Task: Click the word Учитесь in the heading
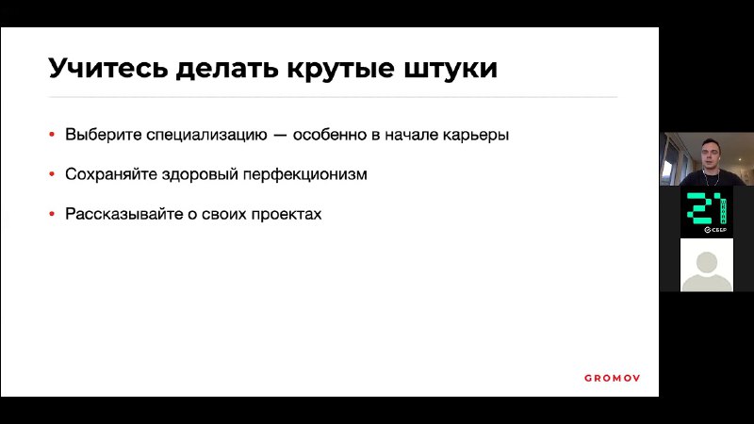coord(108,68)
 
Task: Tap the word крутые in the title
coord(340,69)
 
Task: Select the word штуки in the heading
coord(451,69)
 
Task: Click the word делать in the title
coord(227,69)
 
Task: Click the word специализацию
coord(206,135)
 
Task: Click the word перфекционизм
coord(304,174)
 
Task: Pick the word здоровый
coord(200,174)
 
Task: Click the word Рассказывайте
coord(124,214)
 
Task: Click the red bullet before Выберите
coord(52,135)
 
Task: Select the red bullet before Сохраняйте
coord(52,174)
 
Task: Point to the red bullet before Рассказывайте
coord(52,214)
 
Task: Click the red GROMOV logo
coord(612,379)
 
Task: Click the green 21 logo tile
coord(706,212)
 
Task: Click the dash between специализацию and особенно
coord(280,136)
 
